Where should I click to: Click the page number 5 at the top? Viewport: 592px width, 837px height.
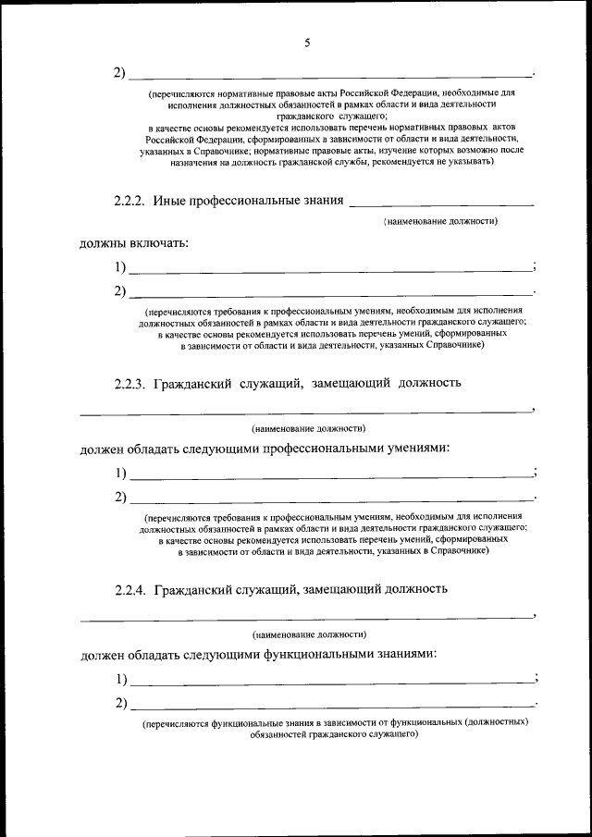point(307,42)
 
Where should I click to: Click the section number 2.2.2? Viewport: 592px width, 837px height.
point(129,200)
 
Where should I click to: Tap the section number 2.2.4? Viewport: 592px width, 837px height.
point(130,588)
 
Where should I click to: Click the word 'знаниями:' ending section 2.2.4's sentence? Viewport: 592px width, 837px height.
point(403,654)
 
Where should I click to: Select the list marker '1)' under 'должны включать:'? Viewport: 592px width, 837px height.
point(120,268)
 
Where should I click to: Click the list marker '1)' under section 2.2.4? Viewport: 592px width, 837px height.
point(121,680)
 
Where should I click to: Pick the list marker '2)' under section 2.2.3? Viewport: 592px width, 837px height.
point(120,499)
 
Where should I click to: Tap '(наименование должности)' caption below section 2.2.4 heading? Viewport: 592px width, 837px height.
point(308,634)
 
